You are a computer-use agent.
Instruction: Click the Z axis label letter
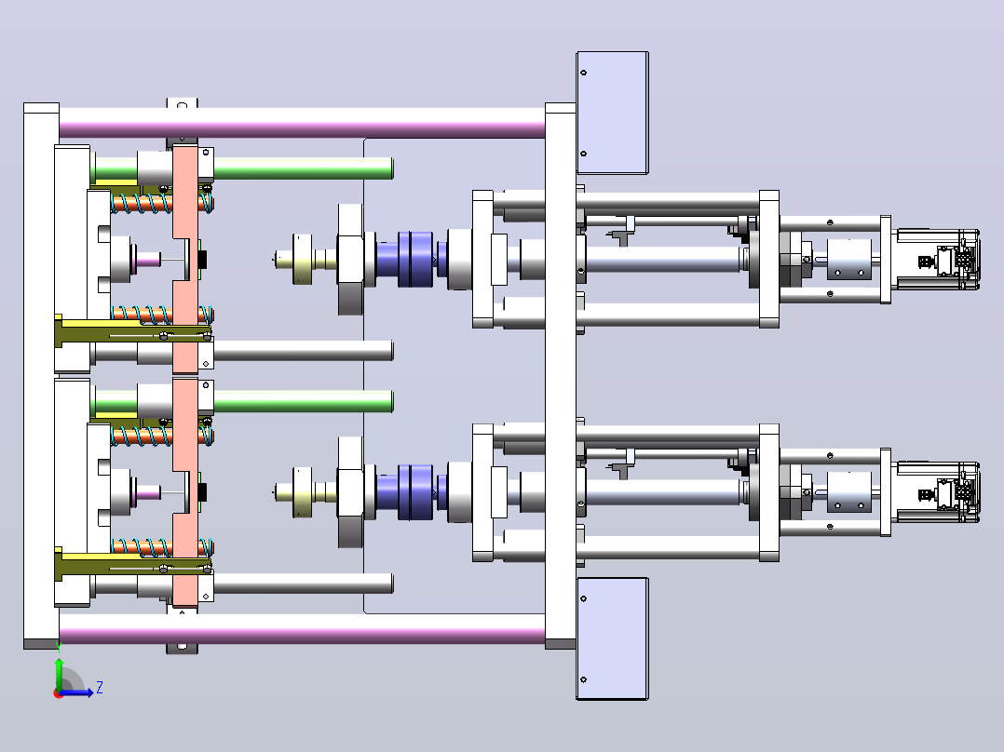tap(100, 688)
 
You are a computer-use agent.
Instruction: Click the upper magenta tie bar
tap(302, 124)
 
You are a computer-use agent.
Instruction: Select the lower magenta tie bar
tap(302, 628)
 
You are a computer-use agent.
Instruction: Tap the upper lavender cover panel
tap(613, 113)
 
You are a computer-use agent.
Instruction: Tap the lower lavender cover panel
tap(613, 638)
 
